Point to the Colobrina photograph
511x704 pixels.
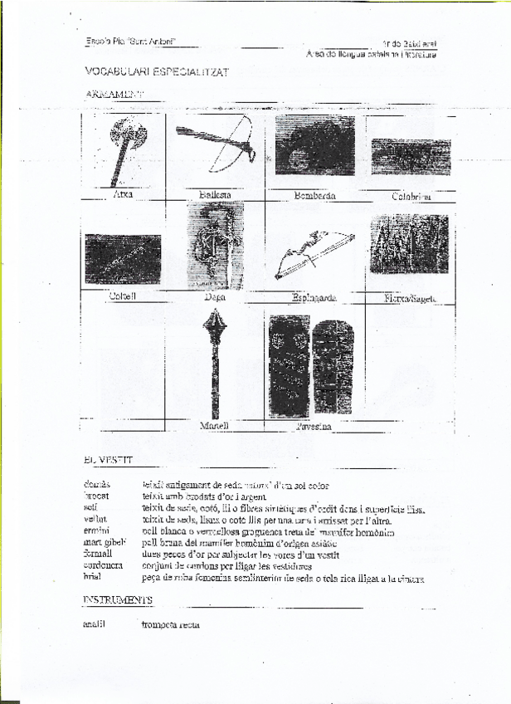[411, 155]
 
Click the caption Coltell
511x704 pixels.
[122, 295]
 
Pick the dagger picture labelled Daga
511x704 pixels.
[215, 245]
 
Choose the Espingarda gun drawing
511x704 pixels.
[314, 254]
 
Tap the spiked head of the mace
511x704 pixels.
[216, 325]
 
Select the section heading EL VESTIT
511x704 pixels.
[107, 459]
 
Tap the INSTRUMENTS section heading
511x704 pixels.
[117, 599]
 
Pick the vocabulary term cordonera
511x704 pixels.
[104, 566]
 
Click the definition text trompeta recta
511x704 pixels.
[170, 625]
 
